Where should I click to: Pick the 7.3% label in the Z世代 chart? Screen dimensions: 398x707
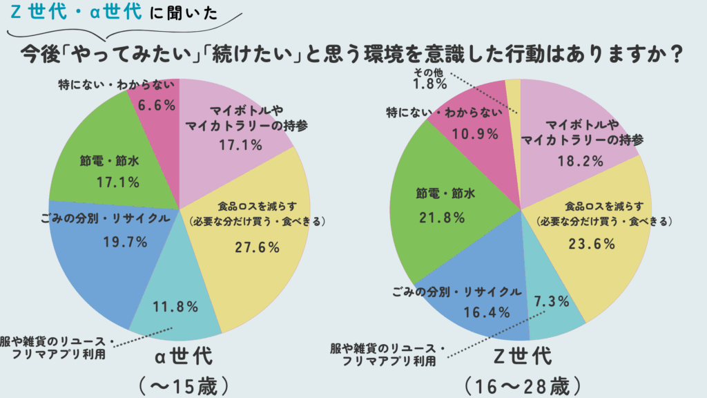point(551,301)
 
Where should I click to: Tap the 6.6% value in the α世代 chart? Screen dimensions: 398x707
point(157,105)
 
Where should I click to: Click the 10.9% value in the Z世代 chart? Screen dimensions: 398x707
point(475,133)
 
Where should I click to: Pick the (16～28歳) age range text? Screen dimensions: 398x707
point(522,383)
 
